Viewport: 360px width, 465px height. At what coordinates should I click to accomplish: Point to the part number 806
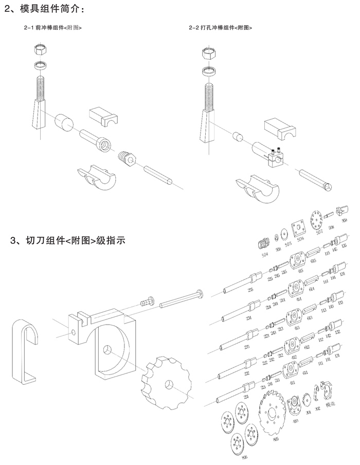point(244,456)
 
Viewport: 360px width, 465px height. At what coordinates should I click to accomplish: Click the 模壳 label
point(332,404)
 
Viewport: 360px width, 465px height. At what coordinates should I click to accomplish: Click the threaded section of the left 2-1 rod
point(41,87)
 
